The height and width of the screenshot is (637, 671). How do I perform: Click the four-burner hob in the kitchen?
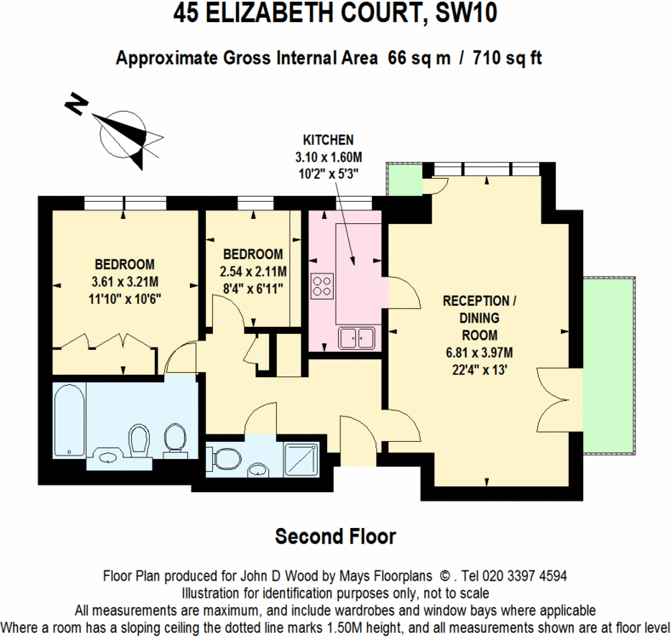point(323,285)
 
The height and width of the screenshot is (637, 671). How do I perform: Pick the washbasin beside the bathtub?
point(108,455)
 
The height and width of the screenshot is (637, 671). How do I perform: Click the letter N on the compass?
point(76,106)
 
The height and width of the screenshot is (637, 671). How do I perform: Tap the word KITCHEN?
point(328,139)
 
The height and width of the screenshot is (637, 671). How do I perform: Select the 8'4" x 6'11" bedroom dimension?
point(252,287)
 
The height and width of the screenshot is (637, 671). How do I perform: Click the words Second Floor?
point(335,537)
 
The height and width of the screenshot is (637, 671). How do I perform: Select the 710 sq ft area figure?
point(501,58)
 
